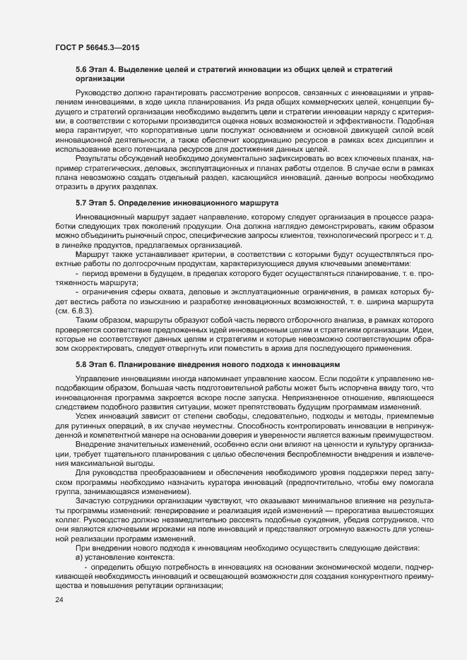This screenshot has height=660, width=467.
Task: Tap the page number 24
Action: pos(59,620)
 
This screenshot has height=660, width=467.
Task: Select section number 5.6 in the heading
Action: pos(82,70)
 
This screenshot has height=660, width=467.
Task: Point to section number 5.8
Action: pos(82,364)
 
